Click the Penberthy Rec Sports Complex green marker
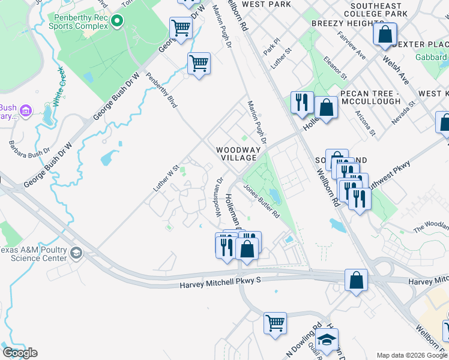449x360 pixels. (116, 22)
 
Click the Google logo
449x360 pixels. (20, 353)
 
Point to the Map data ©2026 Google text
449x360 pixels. (411, 355)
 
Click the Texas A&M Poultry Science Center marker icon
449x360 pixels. (76, 253)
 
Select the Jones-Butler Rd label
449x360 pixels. (262, 200)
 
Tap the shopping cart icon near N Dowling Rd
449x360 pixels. (275, 323)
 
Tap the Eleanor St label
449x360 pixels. (335, 67)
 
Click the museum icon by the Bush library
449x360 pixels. (25, 111)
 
